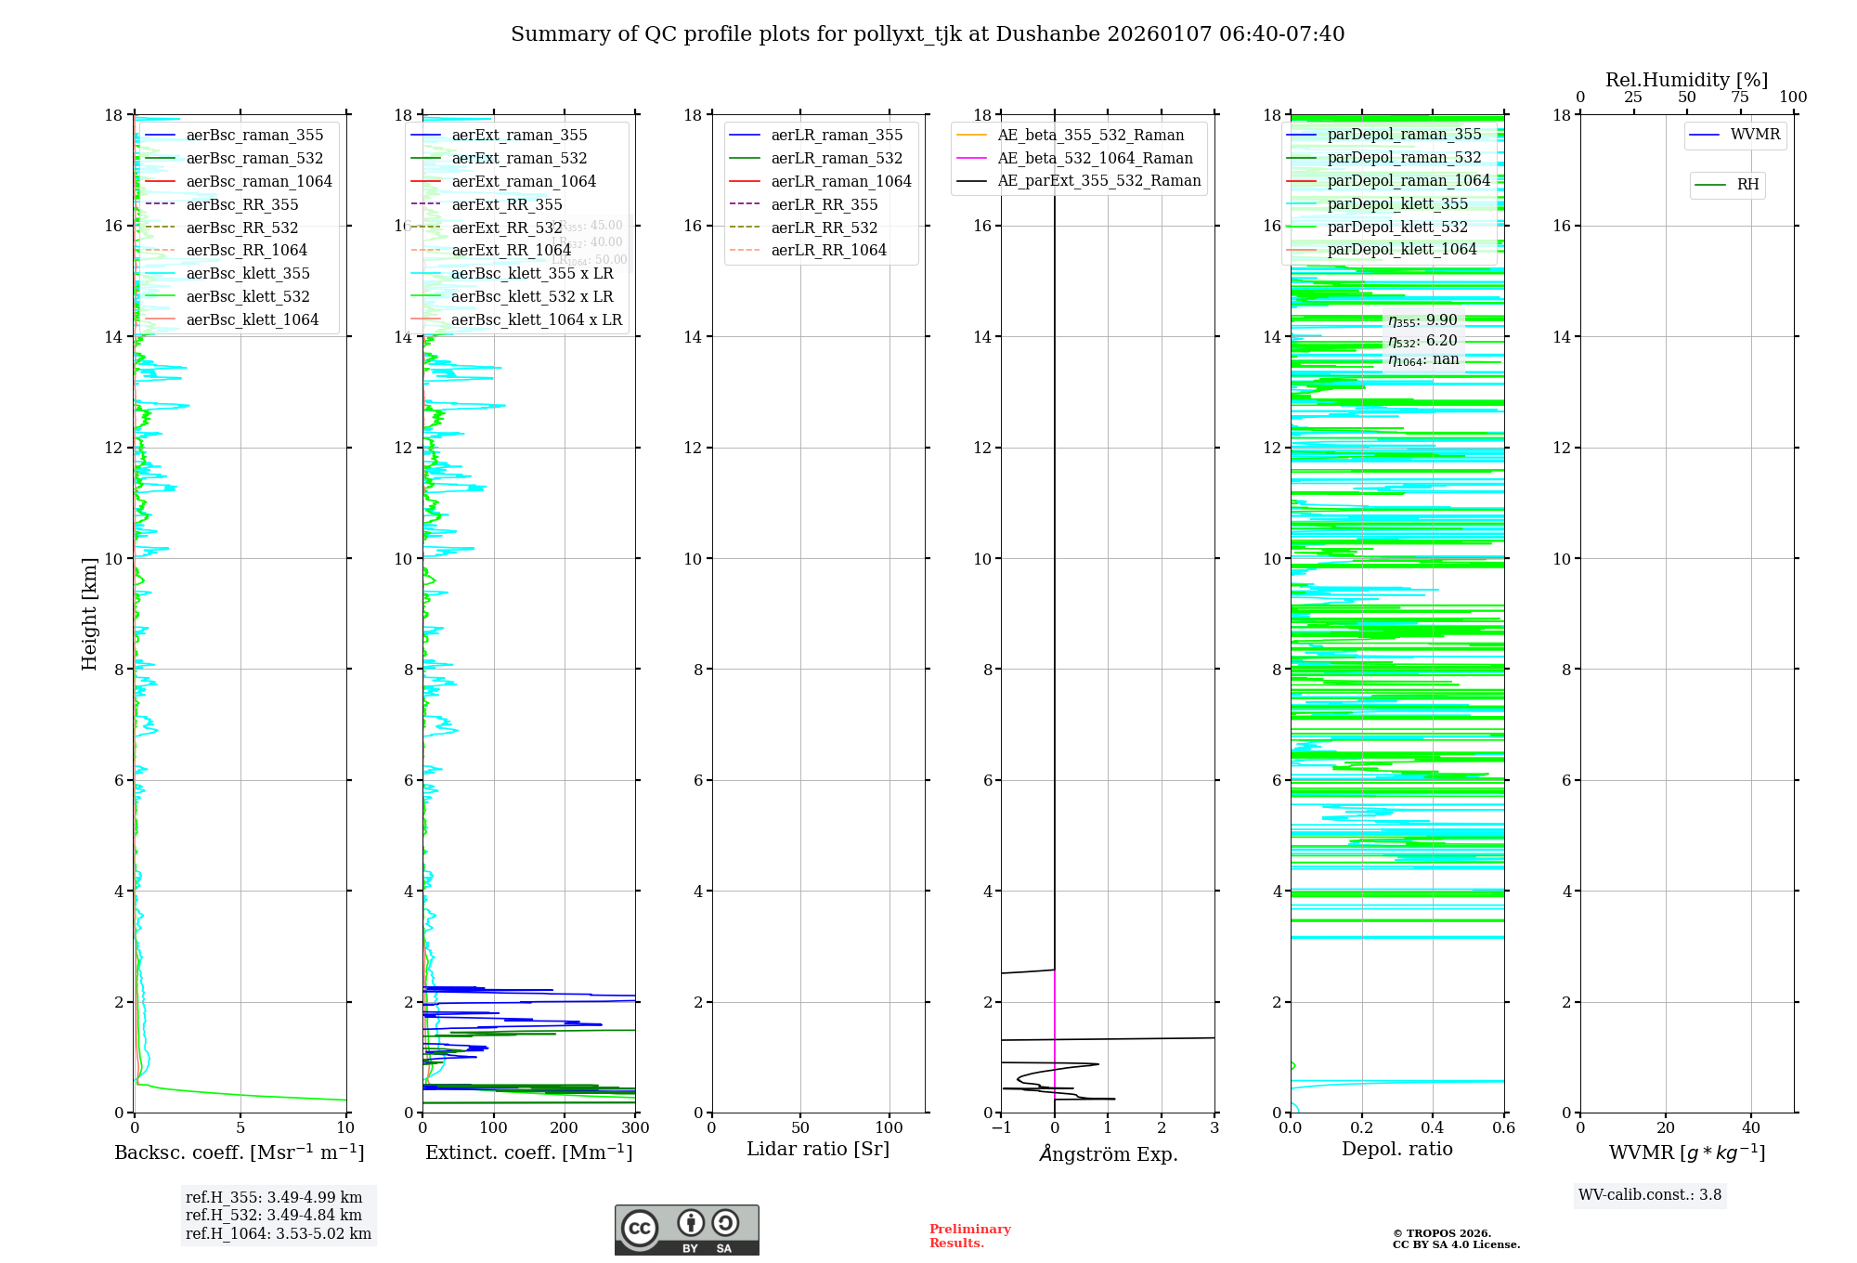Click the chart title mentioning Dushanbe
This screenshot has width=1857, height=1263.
(x=928, y=34)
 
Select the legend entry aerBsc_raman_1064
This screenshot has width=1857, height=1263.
(x=258, y=181)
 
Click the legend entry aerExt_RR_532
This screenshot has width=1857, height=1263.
(x=506, y=228)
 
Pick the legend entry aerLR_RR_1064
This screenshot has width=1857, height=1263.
(x=828, y=250)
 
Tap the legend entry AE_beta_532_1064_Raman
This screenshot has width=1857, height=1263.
(x=1095, y=158)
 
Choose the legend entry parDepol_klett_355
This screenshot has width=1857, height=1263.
(x=1397, y=203)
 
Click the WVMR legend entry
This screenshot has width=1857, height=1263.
(x=1755, y=135)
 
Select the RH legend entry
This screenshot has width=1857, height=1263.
(x=1747, y=185)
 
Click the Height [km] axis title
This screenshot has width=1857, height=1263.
(x=89, y=613)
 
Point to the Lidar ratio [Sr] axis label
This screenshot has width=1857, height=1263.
(x=818, y=1149)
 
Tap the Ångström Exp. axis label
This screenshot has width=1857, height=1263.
(x=1108, y=1153)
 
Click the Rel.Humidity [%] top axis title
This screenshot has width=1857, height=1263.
(x=1686, y=80)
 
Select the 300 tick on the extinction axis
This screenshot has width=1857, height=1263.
(x=635, y=1127)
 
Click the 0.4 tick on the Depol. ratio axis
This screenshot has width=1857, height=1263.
(x=1433, y=1127)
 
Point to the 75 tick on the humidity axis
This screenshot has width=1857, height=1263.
(x=1740, y=98)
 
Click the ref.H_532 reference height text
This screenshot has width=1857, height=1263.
(x=274, y=1215)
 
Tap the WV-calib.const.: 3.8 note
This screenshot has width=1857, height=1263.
(x=1650, y=1195)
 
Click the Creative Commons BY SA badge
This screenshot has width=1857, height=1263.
(x=686, y=1230)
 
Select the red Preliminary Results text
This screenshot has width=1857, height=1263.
(x=969, y=1236)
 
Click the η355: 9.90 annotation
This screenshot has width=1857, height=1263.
(x=1422, y=320)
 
